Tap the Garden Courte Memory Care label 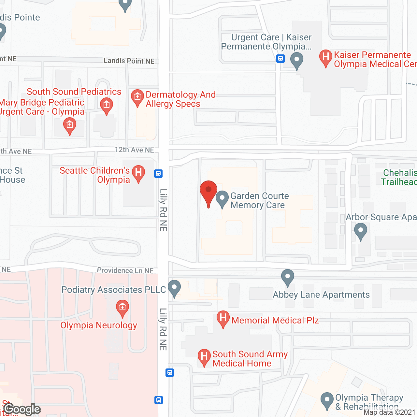click(x=259, y=200)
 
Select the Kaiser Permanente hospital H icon click(x=325, y=57)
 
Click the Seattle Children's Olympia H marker click(x=138, y=173)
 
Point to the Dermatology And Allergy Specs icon click(x=137, y=97)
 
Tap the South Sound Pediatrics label click(x=74, y=92)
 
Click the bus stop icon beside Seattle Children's click(x=158, y=173)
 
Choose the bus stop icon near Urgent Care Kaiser click(x=280, y=59)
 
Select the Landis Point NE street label click(x=129, y=61)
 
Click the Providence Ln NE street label click(x=125, y=270)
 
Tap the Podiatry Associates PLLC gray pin click(x=174, y=288)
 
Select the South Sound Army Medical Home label click(x=250, y=359)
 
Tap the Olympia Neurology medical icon click(x=122, y=308)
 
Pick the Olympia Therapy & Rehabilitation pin click(x=327, y=400)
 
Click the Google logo click(x=22, y=409)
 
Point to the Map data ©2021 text click(x=389, y=412)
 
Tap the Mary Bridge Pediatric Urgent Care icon click(x=70, y=125)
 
